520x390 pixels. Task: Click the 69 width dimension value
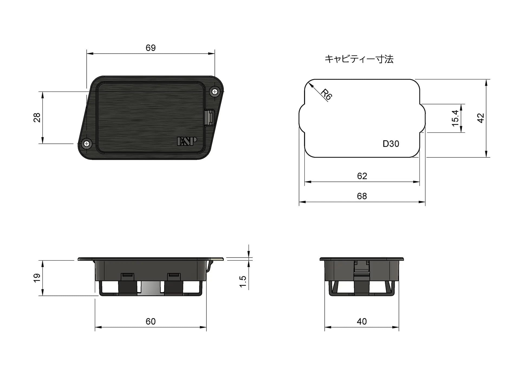[151, 48]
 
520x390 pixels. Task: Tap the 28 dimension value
[37, 118]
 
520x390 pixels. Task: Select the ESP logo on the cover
[187, 141]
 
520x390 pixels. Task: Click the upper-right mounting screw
[215, 92]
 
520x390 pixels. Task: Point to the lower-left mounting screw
[87, 144]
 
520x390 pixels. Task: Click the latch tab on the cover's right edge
[210, 117]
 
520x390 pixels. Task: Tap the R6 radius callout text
[326, 95]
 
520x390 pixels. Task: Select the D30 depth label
[391, 144]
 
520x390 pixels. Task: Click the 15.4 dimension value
[455, 118]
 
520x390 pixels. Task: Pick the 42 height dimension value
[480, 118]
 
